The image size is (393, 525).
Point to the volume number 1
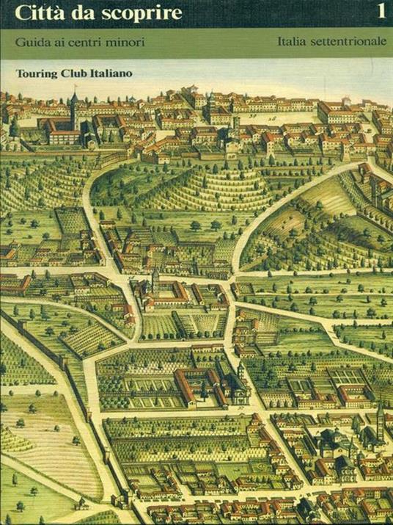(x=379, y=12)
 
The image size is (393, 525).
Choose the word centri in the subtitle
(x=87, y=42)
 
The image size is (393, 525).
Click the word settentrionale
(x=349, y=42)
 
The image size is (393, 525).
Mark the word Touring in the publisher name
(x=34, y=73)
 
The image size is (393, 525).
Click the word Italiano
(x=112, y=73)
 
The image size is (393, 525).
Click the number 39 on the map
(x=252, y=115)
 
